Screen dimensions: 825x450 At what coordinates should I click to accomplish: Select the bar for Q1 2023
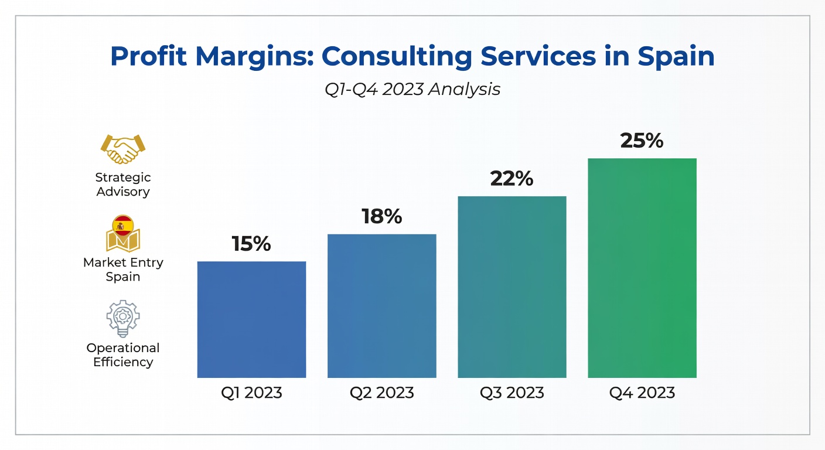click(x=251, y=319)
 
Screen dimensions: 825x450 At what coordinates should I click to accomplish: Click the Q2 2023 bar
click(x=382, y=306)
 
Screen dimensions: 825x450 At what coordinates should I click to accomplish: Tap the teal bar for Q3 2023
click(x=512, y=287)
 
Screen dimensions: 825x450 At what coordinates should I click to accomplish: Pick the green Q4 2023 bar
click(x=642, y=268)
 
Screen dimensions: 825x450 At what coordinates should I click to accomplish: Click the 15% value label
click(x=251, y=244)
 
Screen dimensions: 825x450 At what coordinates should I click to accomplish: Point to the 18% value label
click(x=381, y=216)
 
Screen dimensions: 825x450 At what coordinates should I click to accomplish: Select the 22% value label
click(x=512, y=179)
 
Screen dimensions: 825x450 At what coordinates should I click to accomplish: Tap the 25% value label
click(x=642, y=141)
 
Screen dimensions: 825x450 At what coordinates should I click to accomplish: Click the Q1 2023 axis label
click(x=251, y=393)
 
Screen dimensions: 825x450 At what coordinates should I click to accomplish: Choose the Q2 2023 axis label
click(x=382, y=393)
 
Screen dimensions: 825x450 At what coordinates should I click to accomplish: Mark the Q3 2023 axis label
click(x=512, y=393)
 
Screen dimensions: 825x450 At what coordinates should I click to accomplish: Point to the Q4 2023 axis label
click(x=642, y=393)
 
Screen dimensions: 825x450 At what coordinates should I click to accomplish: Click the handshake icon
click(x=123, y=149)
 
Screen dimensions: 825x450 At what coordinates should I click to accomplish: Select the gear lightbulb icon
click(x=123, y=319)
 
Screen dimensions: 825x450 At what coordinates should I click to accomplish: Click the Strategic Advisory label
click(x=123, y=185)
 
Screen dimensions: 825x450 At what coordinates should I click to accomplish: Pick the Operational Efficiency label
click(x=123, y=355)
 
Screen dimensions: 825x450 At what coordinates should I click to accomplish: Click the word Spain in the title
click(x=676, y=57)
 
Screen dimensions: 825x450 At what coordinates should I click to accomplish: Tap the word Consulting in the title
click(x=397, y=57)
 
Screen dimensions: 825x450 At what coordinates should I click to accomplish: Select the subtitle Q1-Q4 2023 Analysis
click(x=412, y=90)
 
